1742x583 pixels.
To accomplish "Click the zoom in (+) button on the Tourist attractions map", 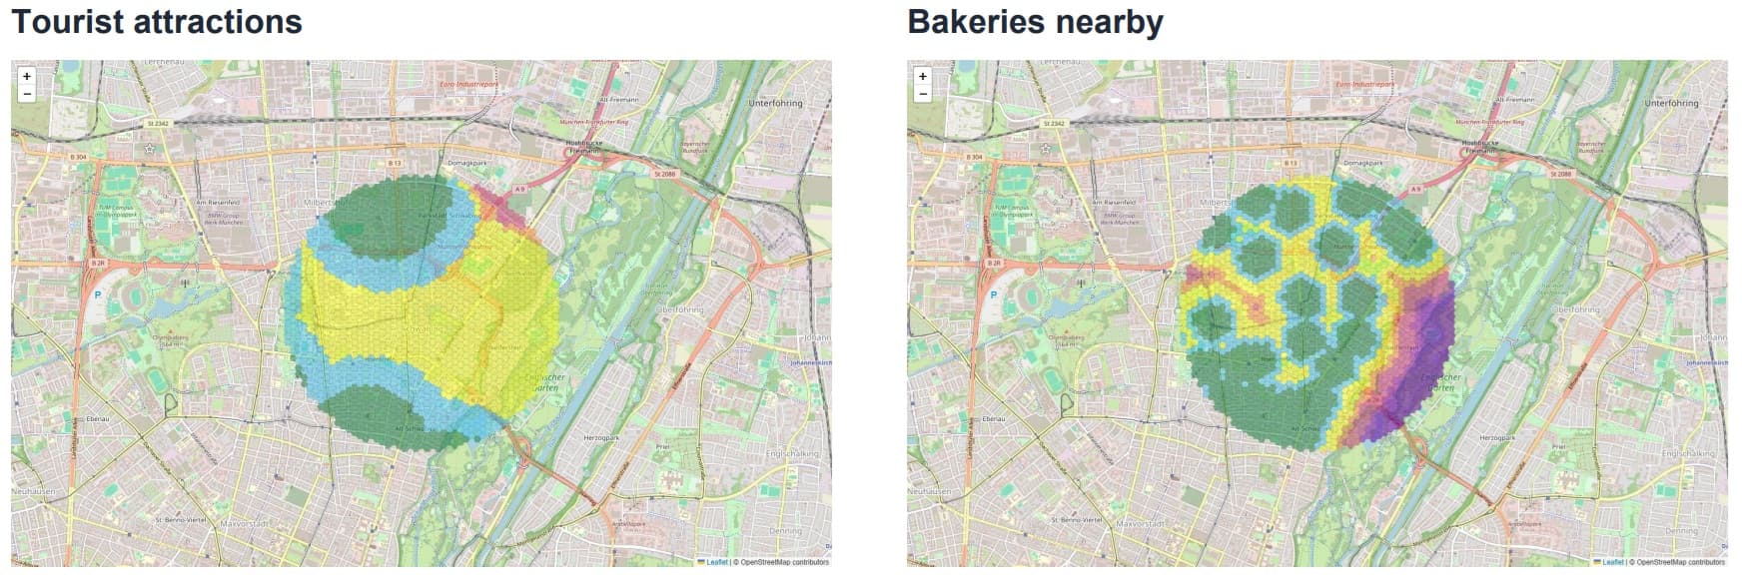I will tap(27, 76).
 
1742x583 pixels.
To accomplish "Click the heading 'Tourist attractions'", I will tap(157, 22).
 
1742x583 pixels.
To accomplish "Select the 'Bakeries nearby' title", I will tap(1035, 22).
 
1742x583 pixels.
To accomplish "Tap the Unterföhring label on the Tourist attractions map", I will tap(775, 103).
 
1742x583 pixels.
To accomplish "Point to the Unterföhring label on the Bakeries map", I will tap(1671, 103).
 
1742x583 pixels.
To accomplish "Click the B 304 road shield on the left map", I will tap(79, 157).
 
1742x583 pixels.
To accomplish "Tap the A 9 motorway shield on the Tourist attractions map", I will tap(519, 189).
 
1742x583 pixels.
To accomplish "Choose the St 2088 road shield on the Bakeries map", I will tap(1560, 174).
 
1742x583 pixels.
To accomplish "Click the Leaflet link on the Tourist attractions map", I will tap(716, 562).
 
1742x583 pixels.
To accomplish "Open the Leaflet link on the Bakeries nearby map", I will tap(1612, 562).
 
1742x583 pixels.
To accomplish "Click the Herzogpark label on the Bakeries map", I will tap(1497, 437).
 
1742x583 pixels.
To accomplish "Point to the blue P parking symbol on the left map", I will tap(98, 295).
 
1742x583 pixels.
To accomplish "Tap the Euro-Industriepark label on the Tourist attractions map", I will tap(468, 85).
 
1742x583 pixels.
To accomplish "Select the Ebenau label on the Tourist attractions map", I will tap(97, 419).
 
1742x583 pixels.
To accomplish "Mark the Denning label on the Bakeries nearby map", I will tap(1682, 531).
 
